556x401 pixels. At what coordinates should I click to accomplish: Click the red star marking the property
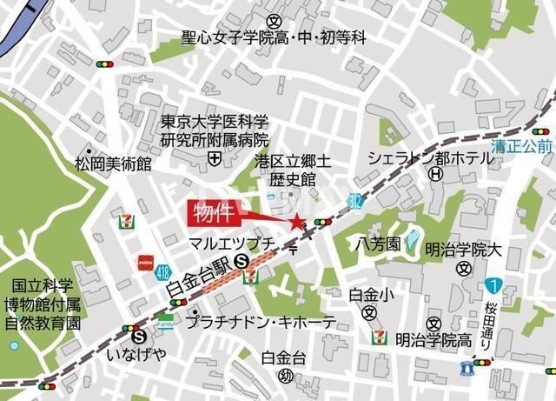[298, 223]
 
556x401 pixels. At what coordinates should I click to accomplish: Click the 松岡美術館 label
[113, 164]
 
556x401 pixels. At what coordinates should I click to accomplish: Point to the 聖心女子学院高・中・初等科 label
[274, 37]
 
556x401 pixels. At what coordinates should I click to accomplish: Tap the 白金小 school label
[371, 295]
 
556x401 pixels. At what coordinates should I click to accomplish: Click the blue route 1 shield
[493, 285]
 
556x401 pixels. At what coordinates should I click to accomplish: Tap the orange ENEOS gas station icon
[144, 262]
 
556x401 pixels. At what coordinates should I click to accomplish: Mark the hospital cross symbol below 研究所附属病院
[214, 157]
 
